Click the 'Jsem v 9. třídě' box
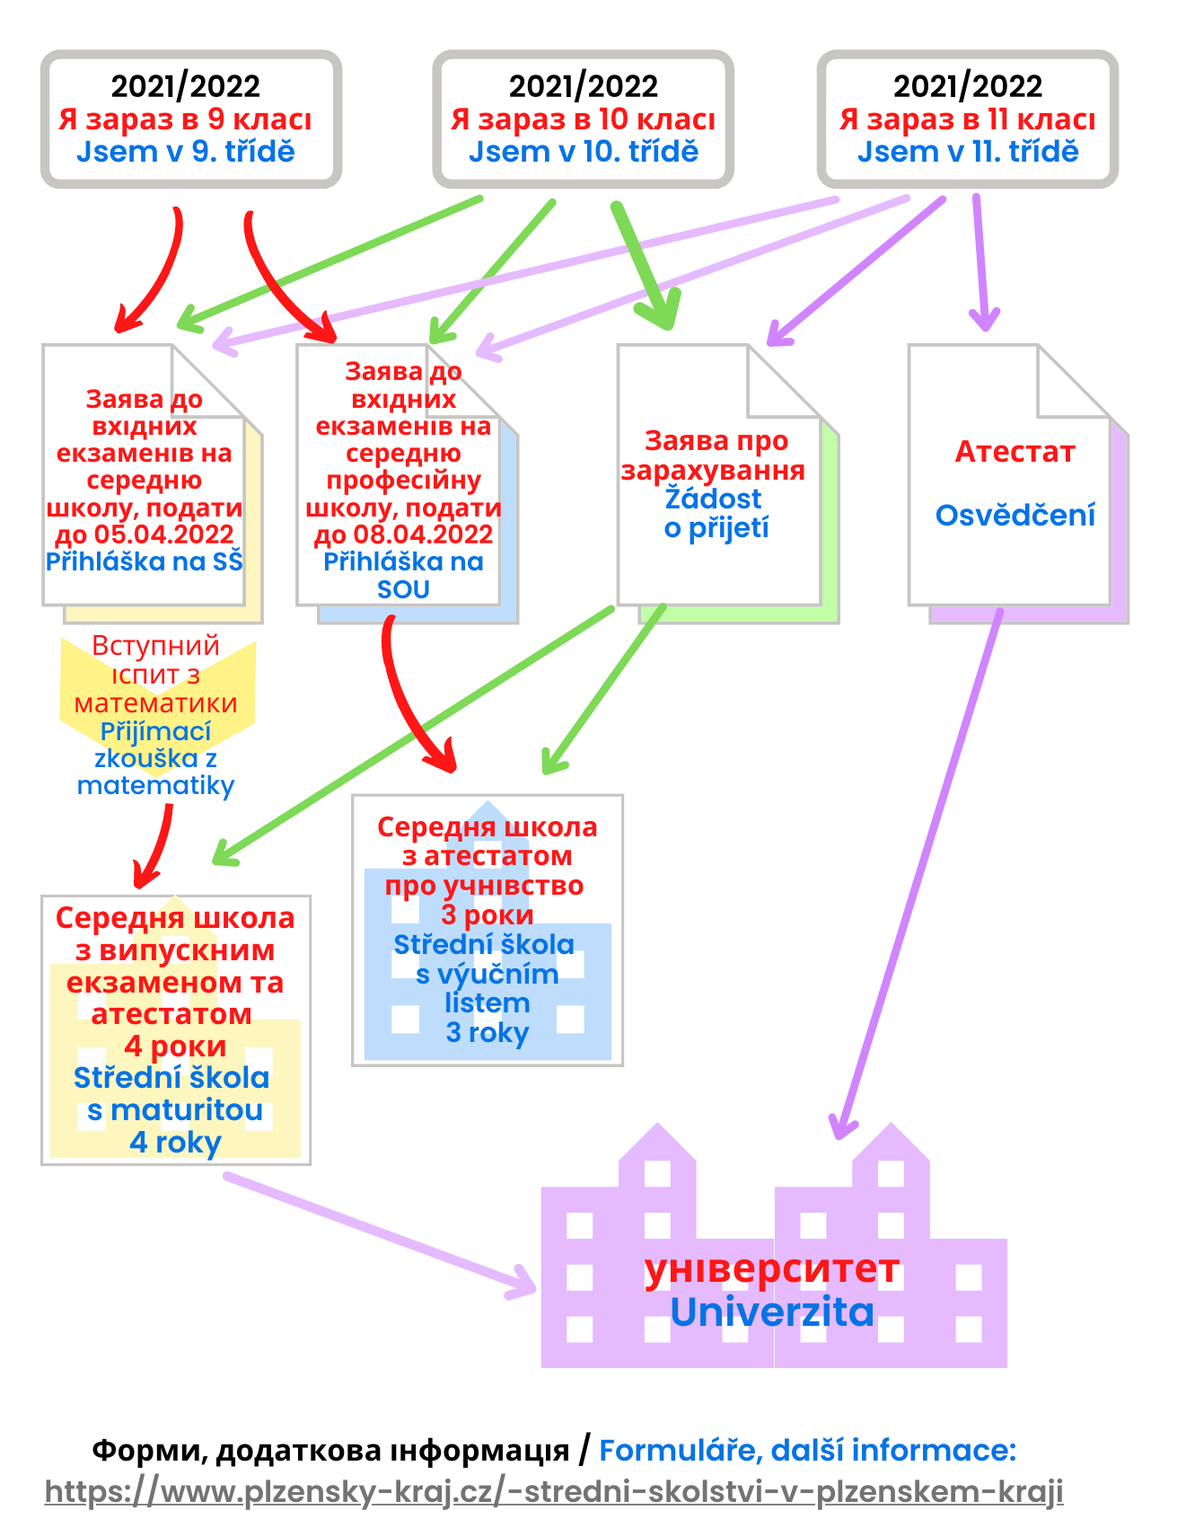190,119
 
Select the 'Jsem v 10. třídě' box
583,119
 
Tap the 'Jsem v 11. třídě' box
967,119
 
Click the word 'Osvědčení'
1015,515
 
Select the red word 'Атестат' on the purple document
1015,451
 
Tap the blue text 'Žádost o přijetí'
716,513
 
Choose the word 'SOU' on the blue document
403,590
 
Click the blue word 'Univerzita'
771,1312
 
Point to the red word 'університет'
771,1269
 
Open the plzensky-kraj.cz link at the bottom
553,1491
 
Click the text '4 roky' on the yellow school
175,1143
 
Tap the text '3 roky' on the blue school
487,1033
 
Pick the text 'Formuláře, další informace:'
807,1450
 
